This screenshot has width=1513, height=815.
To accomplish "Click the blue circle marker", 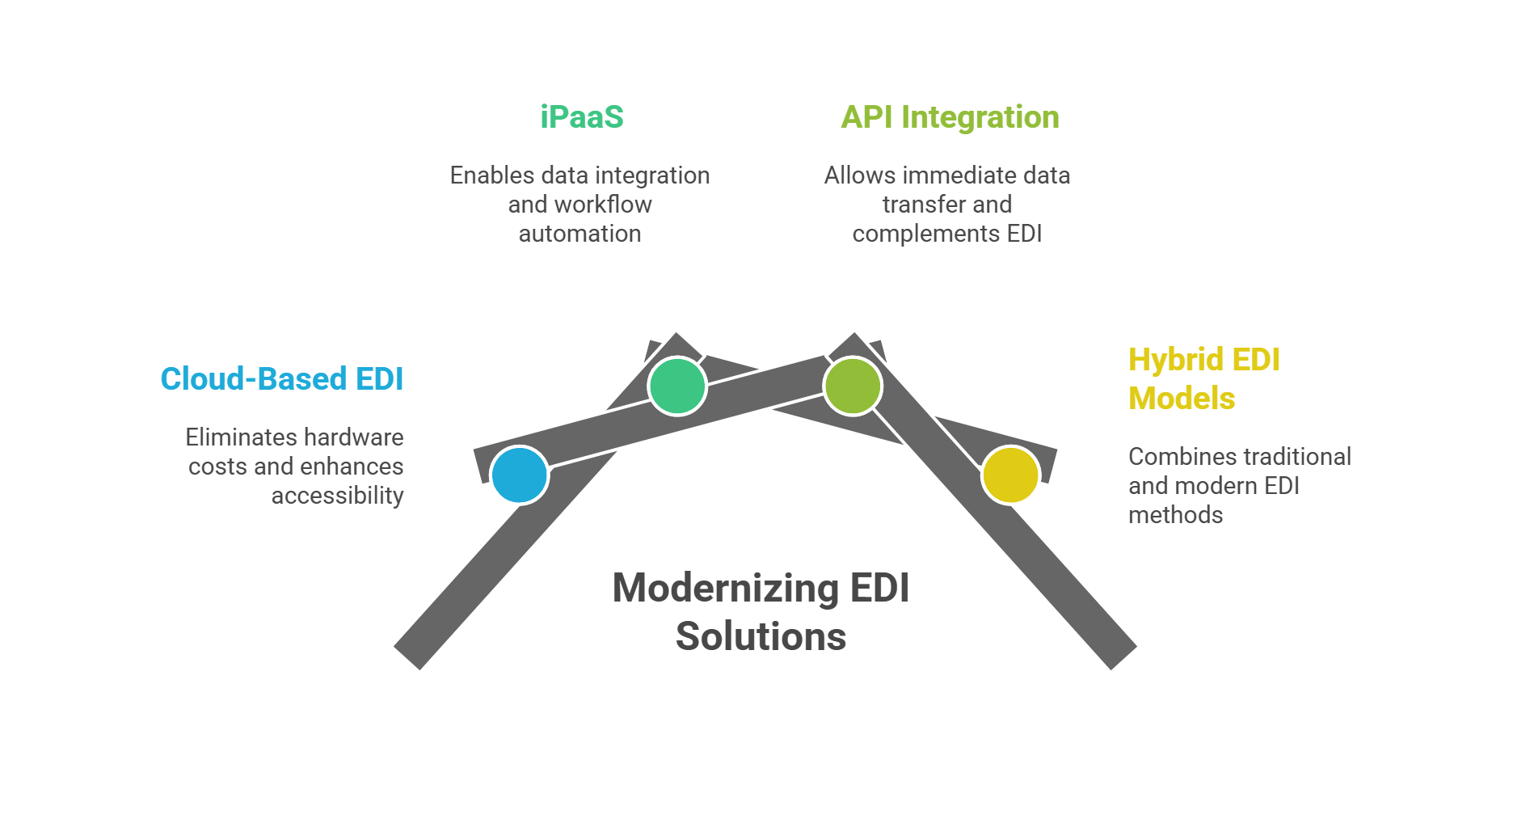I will [x=520, y=475].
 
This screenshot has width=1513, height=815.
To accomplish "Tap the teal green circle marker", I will [x=677, y=386].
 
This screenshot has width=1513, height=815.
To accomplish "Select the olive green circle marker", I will [x=853, y=386].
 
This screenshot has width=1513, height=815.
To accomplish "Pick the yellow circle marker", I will [x=1010, y=475].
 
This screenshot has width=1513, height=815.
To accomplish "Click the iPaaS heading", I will [x=582, y=117].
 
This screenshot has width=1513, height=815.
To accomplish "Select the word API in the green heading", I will [x=866, y=117].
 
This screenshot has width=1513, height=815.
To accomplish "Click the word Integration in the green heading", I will [x=980, y=117].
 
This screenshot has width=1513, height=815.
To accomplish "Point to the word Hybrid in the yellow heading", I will [x=1170, y=360].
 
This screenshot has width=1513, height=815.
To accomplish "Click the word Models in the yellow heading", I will [x=1182, y=399].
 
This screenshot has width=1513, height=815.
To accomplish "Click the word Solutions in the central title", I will [x=761, y=636].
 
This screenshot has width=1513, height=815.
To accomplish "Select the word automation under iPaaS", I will [x=579, y=234].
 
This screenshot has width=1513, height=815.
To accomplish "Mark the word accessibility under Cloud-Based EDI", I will [x=337, y=496].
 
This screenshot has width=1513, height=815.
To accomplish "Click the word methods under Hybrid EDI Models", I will [x=1175, y=515].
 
